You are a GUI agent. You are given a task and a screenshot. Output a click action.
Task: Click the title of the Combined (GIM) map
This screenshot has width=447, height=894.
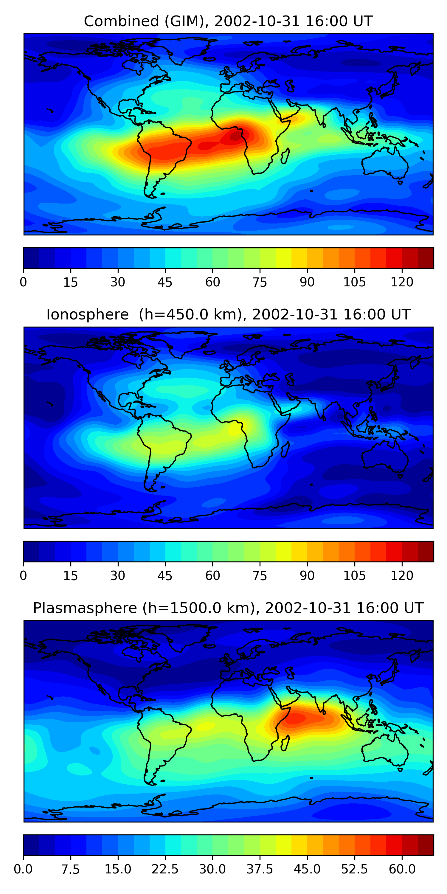click(x=228, y=21)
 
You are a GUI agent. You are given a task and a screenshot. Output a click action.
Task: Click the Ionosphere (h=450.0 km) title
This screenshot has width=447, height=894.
click(x=228, y=315)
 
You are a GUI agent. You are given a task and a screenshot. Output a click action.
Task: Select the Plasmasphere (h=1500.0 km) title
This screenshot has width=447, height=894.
click(x=228, y=608)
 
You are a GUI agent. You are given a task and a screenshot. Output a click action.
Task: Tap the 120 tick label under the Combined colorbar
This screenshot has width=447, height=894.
click(x=402, y=282)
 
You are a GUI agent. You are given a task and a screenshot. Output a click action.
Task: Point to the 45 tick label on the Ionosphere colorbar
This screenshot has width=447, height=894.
click(x=165, y=575)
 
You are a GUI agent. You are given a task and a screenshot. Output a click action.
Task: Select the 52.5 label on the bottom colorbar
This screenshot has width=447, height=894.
click(x=354, y=869)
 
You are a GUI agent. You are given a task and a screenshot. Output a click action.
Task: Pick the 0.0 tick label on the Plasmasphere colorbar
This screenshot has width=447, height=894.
click(x=23, y=869)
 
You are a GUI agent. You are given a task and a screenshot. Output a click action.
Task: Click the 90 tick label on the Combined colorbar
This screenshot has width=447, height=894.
click(x=307, y=282)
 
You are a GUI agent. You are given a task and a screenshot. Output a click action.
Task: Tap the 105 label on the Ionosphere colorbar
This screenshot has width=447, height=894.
click(x=354, y=575)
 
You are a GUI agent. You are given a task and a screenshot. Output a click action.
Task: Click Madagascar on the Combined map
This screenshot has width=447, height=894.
click(x=285, y=156)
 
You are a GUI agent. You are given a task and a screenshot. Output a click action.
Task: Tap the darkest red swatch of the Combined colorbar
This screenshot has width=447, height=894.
click(x=426, y=258)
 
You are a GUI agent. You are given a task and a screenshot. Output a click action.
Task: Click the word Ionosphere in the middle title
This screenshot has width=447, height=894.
click(x=87, y=315)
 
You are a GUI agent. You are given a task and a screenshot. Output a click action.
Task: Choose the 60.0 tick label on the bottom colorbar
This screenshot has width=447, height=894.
click(x=402, y=869)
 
